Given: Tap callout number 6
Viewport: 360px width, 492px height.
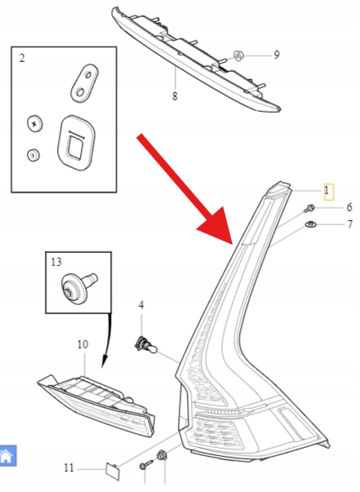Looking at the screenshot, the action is coord(349,207).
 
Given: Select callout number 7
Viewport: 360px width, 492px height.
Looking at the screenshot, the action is coord(350,224).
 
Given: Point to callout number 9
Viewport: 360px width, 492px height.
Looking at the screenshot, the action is coord(277,55).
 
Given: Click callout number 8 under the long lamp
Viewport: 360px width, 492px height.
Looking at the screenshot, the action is coord(175,96).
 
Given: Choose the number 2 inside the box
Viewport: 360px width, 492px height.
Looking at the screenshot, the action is coord(22,58).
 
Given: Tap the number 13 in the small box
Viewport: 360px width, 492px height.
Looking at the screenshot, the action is coord(56,262).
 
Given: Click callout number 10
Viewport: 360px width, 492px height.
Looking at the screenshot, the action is coord(83,344).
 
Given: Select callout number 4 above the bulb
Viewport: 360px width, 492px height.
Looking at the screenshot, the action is coord(141,305).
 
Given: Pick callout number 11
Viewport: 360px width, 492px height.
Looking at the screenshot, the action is coord(69,468).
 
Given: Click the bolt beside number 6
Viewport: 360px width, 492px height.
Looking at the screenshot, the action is coord(309,208).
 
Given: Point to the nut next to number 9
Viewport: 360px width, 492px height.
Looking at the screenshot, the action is coord(239,56).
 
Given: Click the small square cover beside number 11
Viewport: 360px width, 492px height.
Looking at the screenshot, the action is coord(113,471).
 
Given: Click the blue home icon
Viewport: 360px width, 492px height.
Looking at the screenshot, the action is coord(7,455).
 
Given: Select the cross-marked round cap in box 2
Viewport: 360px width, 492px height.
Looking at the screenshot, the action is coord(34,123).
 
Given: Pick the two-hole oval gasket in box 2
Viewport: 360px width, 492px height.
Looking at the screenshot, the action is coord(84,83).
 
